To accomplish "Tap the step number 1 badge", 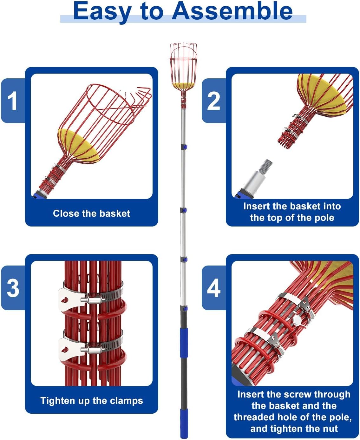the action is (x=12, y=101).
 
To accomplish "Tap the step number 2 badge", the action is (x=213, y=101).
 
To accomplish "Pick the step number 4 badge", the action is (x=213, y=288).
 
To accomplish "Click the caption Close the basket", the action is (x=92, y=213).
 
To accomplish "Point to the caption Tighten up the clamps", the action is (x=92, y=401).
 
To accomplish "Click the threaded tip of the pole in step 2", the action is (x=267, y=165).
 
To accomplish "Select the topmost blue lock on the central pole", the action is (x=184, y=147).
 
